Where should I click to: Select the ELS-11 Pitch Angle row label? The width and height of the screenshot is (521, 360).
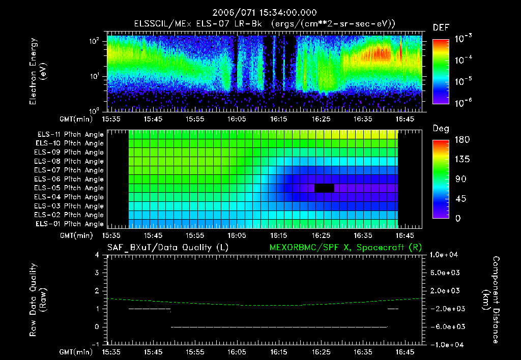[70, 135]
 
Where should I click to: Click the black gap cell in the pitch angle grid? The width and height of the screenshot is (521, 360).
[324, 188]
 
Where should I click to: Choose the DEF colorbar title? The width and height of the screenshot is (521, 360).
[441, 27]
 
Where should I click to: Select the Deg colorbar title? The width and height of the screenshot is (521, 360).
[441, 129]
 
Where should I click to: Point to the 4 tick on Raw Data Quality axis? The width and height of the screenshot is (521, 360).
[97, 255]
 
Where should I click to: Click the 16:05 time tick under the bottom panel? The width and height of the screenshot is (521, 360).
[237, 351]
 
